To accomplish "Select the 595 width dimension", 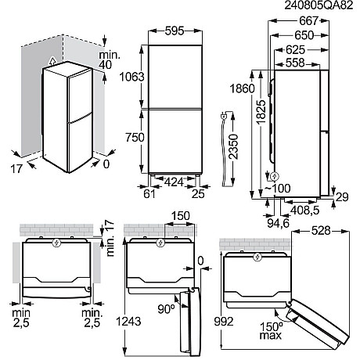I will click(x=168, y=32).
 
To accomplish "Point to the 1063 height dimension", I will click(x=126, y=76).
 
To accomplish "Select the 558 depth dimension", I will click(x=290, y=63).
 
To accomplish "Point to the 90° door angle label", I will click(x=166, y=308).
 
